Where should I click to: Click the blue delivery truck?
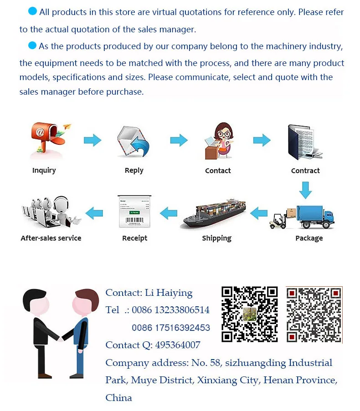pos(314,215)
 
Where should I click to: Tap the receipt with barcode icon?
pos(134,212)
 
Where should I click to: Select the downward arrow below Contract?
pos(305,190)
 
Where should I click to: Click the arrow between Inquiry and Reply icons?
pos(93,140)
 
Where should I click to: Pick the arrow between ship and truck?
pos(259,212)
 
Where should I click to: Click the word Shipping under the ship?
pos(217,238)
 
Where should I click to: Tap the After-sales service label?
pos(51,238)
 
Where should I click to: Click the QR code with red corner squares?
pos(314,315)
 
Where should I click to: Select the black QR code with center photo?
pos(249,314)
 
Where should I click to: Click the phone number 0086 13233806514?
pos(170,310)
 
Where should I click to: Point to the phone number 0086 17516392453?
pos(171,328)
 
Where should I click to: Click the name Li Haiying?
pos(168,293)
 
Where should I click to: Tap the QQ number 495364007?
pos(178,345)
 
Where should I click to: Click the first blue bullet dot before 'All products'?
pos(32,11)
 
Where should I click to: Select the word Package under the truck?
pos(309,238)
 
